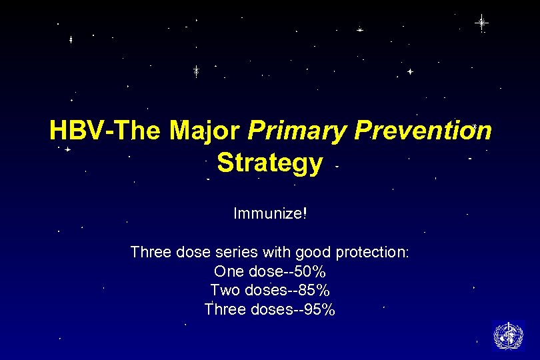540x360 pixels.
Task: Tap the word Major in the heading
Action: tap(204, 131)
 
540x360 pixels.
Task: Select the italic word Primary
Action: tap(298, 131)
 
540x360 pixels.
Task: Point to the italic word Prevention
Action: tap(423, 131)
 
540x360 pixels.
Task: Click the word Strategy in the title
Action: tap(270, 163)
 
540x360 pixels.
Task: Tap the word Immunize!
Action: tap(270, 214)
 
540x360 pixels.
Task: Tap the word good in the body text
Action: tap(313, 253)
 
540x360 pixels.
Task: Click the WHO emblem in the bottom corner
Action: tap(508, 335)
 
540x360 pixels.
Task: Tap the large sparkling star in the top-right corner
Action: tap(481, 23)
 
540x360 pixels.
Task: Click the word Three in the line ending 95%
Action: tap(225, 310)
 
